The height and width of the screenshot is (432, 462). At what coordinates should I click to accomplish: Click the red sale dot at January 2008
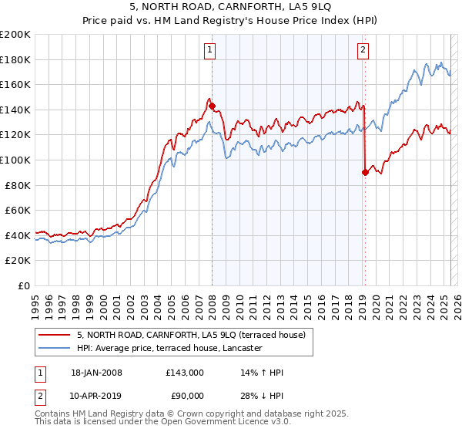click(212, 106)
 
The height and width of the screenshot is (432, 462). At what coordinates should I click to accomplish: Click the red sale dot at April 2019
click(364, 173)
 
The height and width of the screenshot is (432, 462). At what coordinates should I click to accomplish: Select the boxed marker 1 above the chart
click(209, 51)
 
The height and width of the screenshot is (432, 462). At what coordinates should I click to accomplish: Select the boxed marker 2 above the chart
click(363, 51)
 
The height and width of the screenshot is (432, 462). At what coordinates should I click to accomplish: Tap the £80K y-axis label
click(18, 185)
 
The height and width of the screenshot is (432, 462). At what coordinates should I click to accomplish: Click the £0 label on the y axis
click(25, 285)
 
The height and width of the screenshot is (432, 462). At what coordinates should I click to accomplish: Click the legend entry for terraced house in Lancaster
click(169, 349)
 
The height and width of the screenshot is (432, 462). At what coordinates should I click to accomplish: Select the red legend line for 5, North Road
click(55, 335)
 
